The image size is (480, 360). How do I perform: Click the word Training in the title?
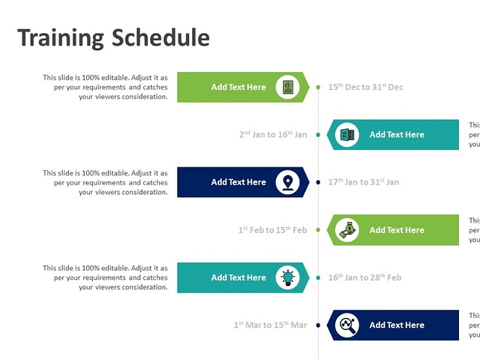pyautogui.click(x=61, y=37)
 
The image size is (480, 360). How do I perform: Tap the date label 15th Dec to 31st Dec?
pyautogui.click(x=365, y=87)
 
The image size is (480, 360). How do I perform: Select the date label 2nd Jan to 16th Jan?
pyautogui.click(x=273, y=135)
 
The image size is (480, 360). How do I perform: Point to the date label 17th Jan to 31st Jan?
pyautogui.click(x=364, y=182)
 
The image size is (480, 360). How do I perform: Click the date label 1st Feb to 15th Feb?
pyautogui.click(x=272, y=230)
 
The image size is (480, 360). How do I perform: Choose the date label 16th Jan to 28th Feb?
pyautogui.click(x=364, y=277)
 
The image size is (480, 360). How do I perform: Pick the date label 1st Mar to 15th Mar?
pyautogui.click(x=270, y=325)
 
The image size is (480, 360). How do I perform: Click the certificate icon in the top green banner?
pyautogui.click(x=287, y=87)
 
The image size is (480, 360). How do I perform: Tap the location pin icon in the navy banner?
pyautogui.click(x=287, y=182)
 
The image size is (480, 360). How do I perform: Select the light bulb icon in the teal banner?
pyautogui.click(x=287, y=277)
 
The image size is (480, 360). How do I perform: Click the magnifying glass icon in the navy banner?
pyautogui.click(x=347, y=325)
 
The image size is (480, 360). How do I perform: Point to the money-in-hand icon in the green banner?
pyautogui.click(x=347, y=230)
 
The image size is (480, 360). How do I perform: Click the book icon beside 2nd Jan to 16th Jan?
pyautogui.click(x=347, y=135)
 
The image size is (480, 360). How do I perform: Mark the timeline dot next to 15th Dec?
pyautogui.click(x=319, y=87)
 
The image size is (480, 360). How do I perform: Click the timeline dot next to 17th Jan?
pyautogui.click(x=319, y=182)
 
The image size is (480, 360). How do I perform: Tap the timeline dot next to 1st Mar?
pyautogui.click(x=319, y=325)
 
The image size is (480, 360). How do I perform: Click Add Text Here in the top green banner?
pyautogui.click(x=238, y=87)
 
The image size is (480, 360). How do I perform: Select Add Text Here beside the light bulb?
pyautogui.click(x=238, y=277)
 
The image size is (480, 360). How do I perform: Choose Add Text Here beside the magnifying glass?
pyautogui.click(x=397, y=325)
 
